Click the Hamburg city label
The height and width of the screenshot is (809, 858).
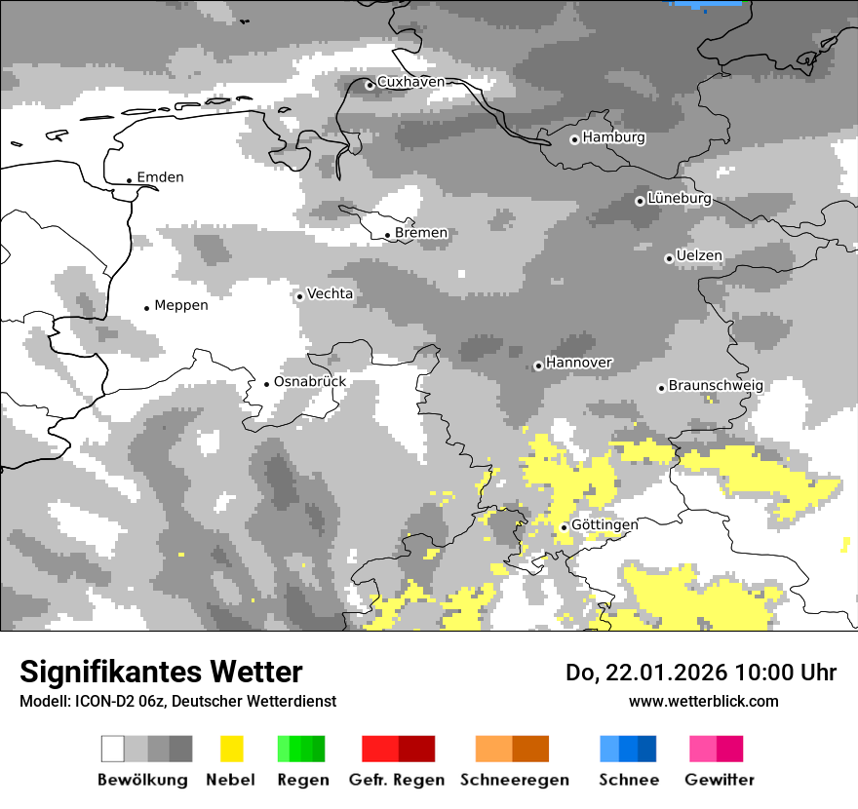[613, 137]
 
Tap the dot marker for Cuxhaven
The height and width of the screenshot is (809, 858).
[370, 85]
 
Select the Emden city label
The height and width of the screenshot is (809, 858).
[160, 177]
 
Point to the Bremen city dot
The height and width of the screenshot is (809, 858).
[387, 235]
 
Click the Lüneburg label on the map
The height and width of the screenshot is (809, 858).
[679, 199]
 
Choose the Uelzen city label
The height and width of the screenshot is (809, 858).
[699, 256]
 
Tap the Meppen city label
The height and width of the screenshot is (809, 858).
[181, 305]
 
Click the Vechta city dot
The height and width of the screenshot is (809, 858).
[299, 296]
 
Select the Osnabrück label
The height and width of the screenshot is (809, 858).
[310, 381]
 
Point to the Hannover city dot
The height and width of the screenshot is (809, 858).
[538, 366]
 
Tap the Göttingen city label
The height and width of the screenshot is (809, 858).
[604, 524]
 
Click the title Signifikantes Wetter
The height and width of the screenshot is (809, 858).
[161, 672]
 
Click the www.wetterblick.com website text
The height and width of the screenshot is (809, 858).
[703, 701]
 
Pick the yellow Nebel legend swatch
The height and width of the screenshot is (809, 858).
[231, 749]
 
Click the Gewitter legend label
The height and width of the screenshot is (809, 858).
[719, 780]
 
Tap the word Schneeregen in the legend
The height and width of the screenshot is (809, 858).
[515, 780]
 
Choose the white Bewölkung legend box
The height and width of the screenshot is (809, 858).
[113, 749]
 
